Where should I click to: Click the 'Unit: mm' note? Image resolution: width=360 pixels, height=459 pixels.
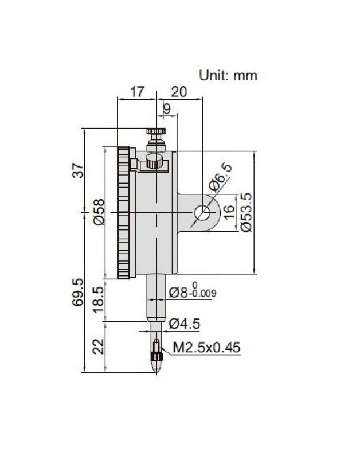228,76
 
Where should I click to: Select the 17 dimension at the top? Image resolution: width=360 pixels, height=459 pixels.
137,92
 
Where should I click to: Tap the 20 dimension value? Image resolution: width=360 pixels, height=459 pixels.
179,92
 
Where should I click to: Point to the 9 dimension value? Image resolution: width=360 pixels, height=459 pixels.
166,109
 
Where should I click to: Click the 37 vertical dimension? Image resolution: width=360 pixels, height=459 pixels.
79,170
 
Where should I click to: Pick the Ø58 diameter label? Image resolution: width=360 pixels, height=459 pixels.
99,212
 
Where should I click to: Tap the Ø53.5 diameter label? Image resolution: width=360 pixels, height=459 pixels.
246,212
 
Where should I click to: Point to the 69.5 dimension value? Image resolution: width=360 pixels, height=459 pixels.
78,293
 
